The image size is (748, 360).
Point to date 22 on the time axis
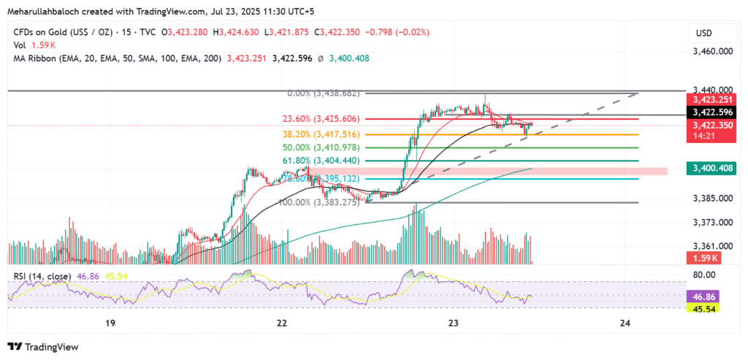282,323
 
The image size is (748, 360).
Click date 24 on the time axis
625,323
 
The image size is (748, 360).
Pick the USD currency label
704,33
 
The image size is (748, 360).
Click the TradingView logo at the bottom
43,347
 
